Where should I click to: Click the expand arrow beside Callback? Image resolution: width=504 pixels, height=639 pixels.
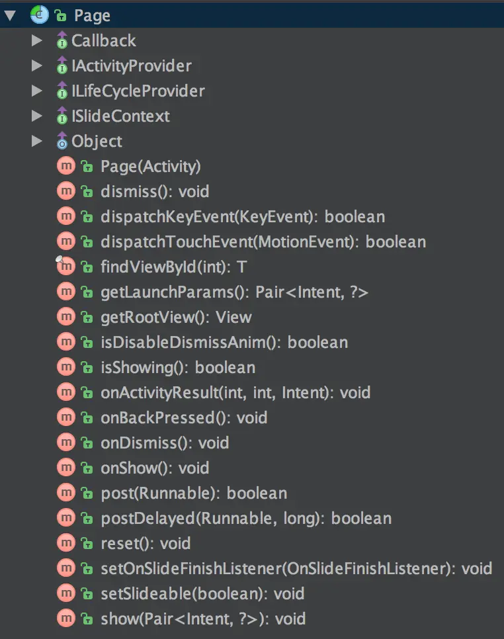coord(37,41)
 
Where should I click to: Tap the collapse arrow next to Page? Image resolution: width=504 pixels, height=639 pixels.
coord(10,16)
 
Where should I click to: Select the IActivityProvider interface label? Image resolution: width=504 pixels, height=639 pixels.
coord(131,66)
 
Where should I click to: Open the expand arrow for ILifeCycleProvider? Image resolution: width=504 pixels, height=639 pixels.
coord(37,91)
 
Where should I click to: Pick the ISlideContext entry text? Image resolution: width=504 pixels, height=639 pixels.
coord(120,116)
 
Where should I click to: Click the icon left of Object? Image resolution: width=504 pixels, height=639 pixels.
coord(62,142)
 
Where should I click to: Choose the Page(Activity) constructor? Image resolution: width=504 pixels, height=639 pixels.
coord(150,167)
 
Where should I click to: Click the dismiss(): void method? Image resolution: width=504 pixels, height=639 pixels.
coord(154,192)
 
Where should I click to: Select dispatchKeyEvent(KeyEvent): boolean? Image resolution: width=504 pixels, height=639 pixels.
coord(242,217)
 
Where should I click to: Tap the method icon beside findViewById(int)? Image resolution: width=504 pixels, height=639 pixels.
coord(65,267)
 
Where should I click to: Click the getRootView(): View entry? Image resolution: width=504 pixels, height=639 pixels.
coord(175,318)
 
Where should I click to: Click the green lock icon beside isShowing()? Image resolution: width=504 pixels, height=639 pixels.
coord(86,368)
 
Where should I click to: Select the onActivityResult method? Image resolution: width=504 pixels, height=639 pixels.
coord(235,393)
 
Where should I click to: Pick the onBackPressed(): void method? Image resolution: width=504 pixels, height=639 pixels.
coord(183,418)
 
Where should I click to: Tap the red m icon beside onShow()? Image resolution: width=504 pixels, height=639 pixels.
coord(65,468)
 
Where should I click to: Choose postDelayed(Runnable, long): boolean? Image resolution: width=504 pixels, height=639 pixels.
coord(245,519)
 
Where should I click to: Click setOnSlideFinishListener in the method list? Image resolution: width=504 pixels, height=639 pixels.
coord(296,569)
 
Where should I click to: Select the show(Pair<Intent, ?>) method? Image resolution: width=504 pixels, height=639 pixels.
coord(202,619)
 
